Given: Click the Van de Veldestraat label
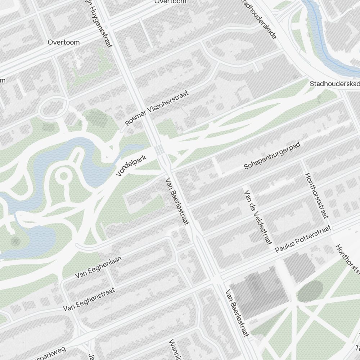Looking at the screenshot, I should (x=258, y=217).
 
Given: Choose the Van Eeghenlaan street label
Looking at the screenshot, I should (x=98, y=267).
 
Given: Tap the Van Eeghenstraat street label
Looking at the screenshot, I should (x=89, y=299).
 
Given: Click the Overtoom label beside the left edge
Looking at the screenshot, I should (x=64, y=42).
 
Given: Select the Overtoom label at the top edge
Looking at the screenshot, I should (x=170, y=2).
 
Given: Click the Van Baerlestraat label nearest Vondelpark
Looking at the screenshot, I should (x=177, y=202).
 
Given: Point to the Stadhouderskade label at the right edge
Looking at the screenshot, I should (x=335, y=84).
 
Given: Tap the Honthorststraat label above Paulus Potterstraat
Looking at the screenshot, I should (x=316, y=195).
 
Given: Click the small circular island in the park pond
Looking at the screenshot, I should (x=64, y=176).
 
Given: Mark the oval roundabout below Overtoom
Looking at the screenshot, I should (x=53, y=108).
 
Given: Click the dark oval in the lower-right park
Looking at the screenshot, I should (x=310, y=291).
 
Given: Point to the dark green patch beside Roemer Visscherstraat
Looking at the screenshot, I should (x=96, y=118).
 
